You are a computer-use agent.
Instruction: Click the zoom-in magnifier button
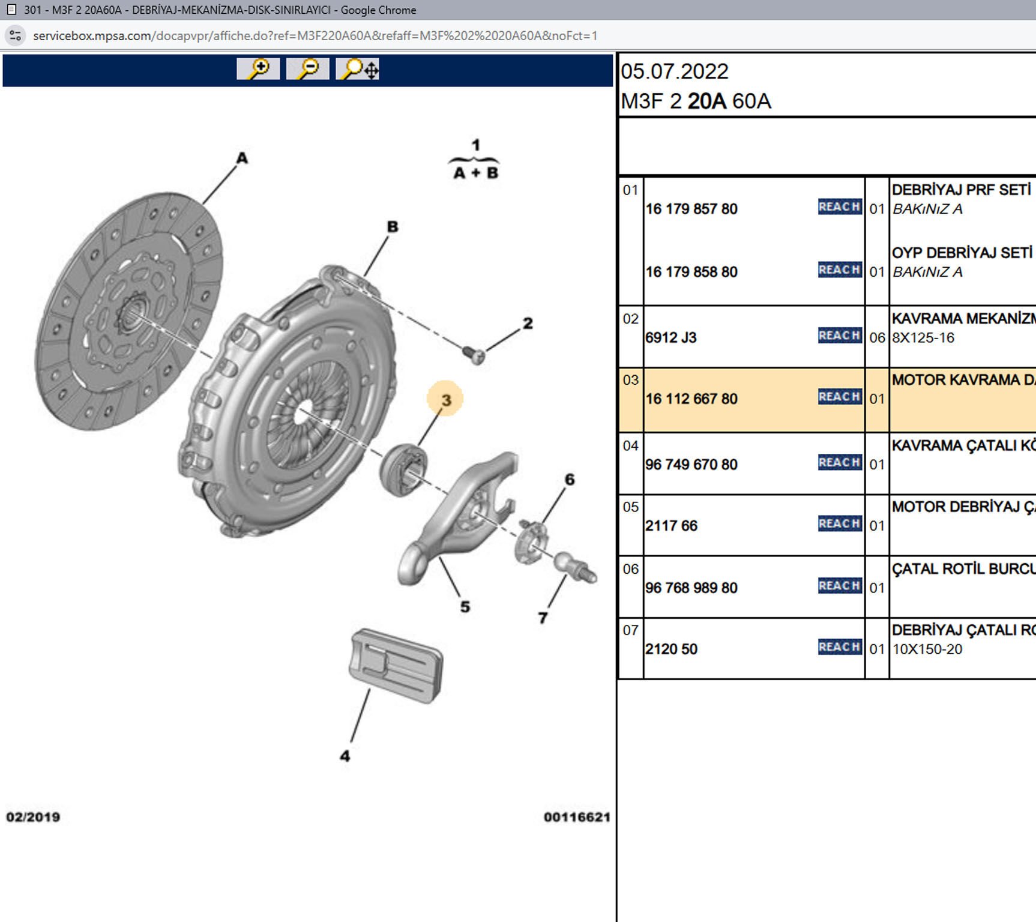(x=258, y=69)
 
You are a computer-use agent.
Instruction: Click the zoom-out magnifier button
(x=307, y=69)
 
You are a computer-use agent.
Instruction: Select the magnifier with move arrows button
(x=357, y=69)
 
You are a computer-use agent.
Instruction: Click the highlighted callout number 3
(x=445, y=400)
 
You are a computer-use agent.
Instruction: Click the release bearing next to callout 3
(x=403, y=469)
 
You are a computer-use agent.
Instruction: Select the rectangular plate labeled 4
(x=396, y=665)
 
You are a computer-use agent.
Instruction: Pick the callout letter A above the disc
(x=242, y=158)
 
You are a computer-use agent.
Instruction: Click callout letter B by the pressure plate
(x=393, y=227)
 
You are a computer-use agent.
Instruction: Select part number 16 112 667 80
(x=691, y=399)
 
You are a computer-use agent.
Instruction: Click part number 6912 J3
(x=671, y=338)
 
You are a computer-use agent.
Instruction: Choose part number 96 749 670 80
(x=691, y=465)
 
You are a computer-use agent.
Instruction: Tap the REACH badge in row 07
(x=840, y=647)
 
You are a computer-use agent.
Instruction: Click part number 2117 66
(x=671, y=526)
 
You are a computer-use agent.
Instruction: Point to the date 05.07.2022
(x=675, y=72)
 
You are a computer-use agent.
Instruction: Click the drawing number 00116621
(x=577, y=817)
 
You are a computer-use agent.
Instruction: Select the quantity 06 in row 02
(x=877, y=338)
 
